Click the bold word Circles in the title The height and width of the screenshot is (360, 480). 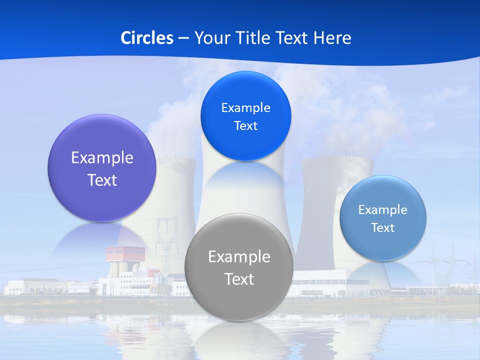(147, 38)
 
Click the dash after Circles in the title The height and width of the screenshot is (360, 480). (183, 38)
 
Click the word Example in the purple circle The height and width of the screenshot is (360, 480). (102, 157)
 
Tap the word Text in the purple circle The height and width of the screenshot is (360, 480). (102, 180)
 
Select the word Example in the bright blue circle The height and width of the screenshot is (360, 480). (245, 107)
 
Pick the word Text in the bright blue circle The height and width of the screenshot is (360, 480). (245, 125)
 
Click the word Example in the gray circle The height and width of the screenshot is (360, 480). (239, 256)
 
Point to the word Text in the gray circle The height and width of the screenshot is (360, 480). (239, 279)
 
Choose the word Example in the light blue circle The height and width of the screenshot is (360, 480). (382, 209)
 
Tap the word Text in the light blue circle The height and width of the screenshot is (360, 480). (382, 227)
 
